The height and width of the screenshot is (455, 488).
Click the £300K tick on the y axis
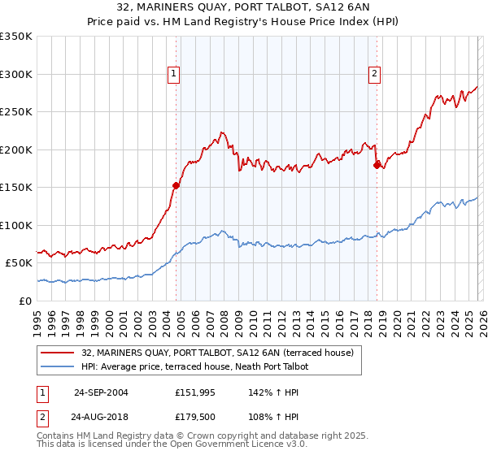(x=16, y=74)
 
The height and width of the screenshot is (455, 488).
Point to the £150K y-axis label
(x=16, y=187)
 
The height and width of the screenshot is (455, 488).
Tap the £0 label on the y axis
(x=26, y=301)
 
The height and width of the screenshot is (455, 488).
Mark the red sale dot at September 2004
(x=176, y=185)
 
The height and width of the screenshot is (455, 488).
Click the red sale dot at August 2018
(x=376, y=165)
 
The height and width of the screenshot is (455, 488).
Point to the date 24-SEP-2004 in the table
(x=101, y=392)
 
